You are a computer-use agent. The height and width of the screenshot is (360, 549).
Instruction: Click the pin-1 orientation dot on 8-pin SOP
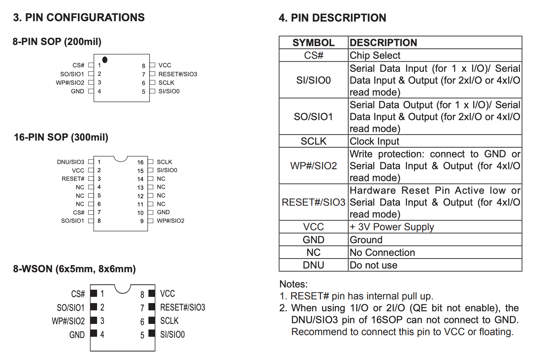[x=105, y=60]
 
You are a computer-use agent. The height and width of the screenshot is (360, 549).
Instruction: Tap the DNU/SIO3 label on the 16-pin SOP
[x=70, y=162]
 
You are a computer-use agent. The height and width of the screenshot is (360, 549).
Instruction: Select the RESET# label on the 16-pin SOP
[x=73, y=179]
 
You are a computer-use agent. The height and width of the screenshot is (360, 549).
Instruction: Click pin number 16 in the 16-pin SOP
[x=140, y=163]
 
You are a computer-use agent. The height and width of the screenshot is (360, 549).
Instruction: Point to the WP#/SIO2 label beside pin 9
[x=170, y=221]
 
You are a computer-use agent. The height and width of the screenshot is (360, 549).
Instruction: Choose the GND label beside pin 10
[x=163, y=212]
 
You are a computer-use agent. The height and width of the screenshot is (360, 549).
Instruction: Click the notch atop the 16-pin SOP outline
[x=121, y=159]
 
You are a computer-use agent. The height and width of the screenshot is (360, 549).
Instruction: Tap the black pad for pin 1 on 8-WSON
[x=94, y=293]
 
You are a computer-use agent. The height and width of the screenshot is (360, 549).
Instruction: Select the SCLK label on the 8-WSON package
[x=169, y=321]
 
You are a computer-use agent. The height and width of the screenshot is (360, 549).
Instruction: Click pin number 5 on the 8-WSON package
[x=142, y=335]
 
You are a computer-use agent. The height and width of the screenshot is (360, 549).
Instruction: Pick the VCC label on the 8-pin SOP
[x=165, y=65]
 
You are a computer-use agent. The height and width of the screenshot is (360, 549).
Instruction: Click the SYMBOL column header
[x=314, y=43]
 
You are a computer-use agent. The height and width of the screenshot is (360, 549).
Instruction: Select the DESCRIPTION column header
[x=383, y=43]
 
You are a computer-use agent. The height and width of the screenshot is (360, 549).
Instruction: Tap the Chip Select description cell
[x=375, y=55]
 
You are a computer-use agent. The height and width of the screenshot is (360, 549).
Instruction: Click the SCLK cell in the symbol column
[x=314, y=141]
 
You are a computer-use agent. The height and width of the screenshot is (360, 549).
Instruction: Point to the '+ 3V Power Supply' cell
[x=392, y=227]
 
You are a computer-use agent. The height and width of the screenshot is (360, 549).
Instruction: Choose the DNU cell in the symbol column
[x=314, y=265]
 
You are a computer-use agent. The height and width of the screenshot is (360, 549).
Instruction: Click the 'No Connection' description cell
[x=382, y=253]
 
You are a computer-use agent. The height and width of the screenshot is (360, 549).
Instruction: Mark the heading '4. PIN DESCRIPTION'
[x=333, y=18]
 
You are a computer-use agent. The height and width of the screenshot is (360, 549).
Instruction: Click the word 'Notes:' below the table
[x=293, y=284]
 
